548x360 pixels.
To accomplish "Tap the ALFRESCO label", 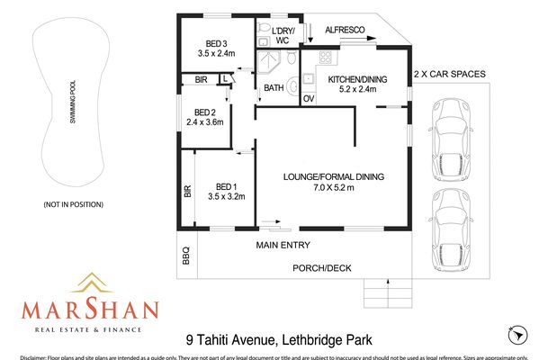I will [344, 31].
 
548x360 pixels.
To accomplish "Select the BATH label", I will [274, 87].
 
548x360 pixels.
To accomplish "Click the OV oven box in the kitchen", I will [309, 98].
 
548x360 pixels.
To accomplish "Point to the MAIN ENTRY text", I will [283, 245].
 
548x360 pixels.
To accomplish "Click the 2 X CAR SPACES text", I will [449, 74].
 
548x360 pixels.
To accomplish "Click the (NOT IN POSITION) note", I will [74, 205].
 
